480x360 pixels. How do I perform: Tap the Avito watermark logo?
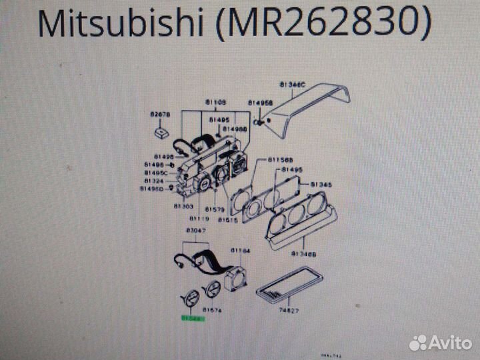click(441, 343)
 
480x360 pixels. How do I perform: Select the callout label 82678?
click(160, 115)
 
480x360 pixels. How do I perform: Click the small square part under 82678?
click(160, 133)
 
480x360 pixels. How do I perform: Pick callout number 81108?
click(215, 102)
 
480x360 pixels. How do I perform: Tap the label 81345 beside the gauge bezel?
click(321, 185)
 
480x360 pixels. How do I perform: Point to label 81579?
click(213, 209)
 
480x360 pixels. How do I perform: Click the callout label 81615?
click(228, 219)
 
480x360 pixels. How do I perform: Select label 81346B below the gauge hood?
click(304, 254)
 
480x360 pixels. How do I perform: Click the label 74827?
click(289, 311)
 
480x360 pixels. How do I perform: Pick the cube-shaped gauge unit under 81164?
click(235, 274)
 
